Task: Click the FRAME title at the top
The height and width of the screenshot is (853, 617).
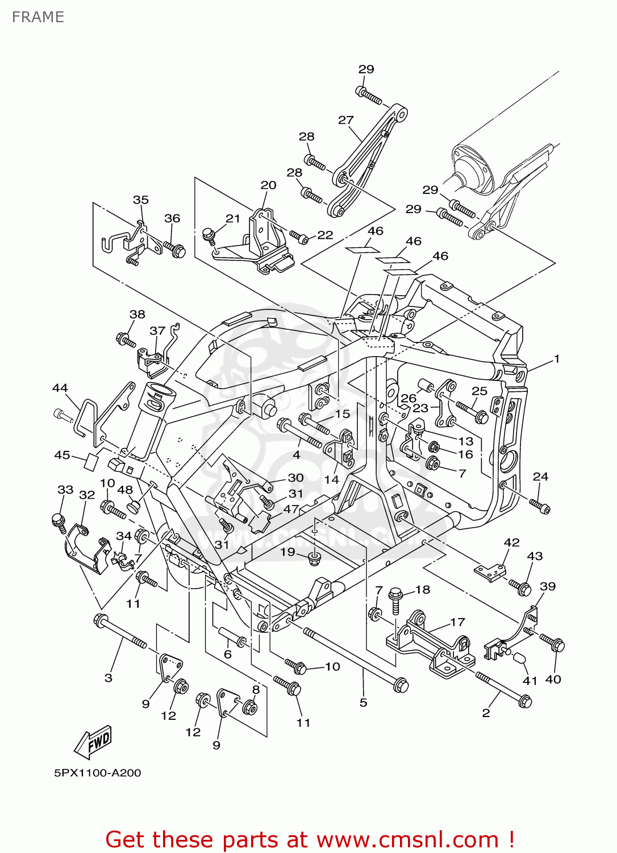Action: coord(38,17)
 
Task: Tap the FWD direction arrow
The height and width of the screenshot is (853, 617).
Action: coord(93,742)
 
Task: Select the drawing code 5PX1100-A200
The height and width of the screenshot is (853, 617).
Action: coord(98,773)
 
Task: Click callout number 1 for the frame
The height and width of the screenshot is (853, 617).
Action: coord(557,359)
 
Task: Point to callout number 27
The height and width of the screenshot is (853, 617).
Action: coord(345,120)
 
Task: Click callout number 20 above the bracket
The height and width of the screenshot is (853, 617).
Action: coord(268,185)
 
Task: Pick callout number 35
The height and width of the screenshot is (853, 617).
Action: coord(140,200)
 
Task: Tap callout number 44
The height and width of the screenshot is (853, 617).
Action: coord(60,388)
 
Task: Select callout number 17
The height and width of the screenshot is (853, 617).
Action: coord(457,622)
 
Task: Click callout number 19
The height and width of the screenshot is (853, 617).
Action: coord(287,552)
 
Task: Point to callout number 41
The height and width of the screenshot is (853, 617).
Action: coord(530,681)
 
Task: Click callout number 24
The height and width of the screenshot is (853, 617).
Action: coord(540,477)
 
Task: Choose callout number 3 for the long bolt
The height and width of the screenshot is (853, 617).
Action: coord(109,678)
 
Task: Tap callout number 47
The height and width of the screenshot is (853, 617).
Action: coord(291,509)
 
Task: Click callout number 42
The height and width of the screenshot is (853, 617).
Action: coord(511,543)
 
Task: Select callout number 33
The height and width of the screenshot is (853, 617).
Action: coord(65,490)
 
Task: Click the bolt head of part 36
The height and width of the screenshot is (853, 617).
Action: coord(178,251)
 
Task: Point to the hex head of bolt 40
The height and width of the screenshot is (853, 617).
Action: coord(558,646)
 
